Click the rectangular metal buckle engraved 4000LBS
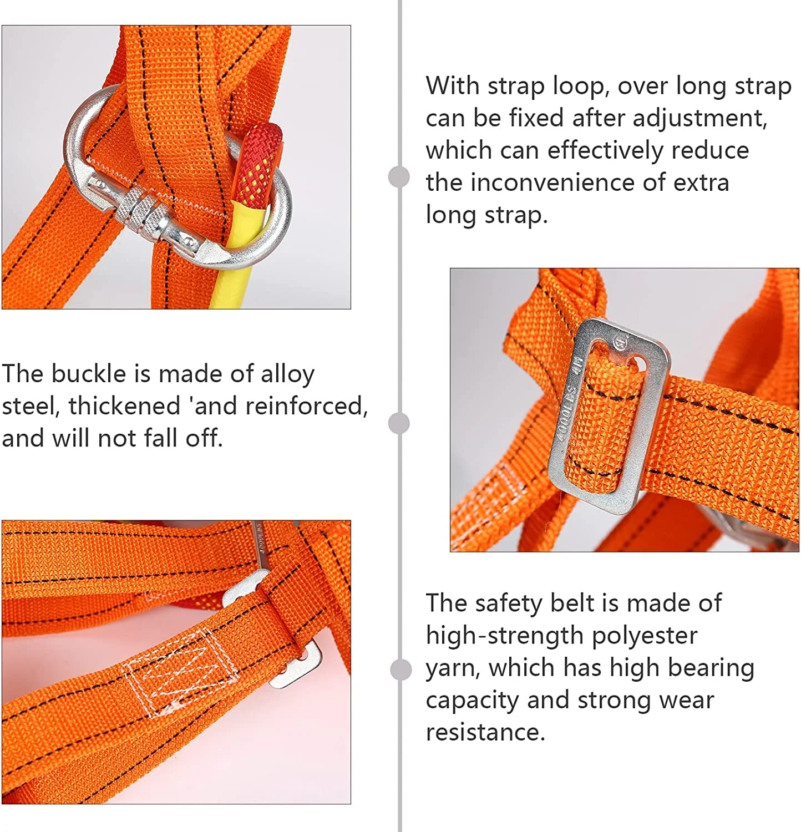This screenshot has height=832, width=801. click(x=608, y=416)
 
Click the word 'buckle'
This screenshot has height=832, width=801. click(x=89, y=373)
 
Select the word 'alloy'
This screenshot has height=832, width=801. click(x=287, y=374)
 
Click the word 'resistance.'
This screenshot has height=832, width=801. click(x=486, y=732)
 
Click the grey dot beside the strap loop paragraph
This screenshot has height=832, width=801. click(x=399, y=177)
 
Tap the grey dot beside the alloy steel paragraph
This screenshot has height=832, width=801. click(x=399, y=423)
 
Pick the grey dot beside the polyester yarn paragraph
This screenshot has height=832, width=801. click(x=400, y=669)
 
